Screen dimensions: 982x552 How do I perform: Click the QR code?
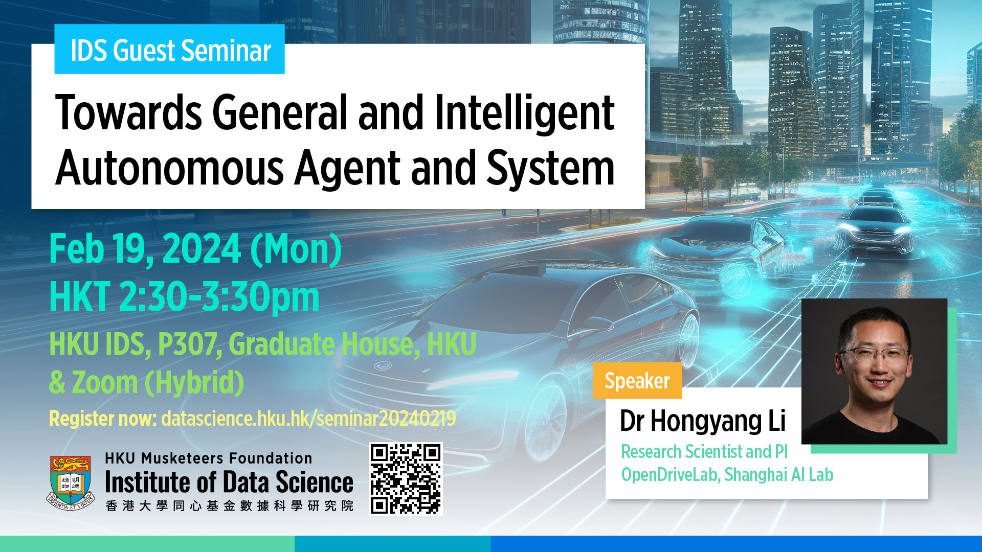coord(406,479)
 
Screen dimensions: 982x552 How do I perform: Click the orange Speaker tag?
coord(637,381)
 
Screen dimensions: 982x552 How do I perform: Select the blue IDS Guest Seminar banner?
coord(169,50)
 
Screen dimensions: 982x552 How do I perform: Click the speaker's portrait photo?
coord(874,371)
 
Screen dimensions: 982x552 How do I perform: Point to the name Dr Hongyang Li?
coord(702,421)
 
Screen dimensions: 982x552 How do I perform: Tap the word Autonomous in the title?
coord(169,168)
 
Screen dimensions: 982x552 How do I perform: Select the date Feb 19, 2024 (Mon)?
coord(195,250)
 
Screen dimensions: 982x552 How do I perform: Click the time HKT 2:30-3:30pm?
coord(184,297)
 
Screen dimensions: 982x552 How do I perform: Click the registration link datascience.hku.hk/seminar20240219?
coord(308,419)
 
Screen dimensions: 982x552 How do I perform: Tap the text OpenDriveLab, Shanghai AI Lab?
coord(727,475)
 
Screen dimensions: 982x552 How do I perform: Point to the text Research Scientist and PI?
coord(704,452)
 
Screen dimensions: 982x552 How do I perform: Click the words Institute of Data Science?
coord(229,482)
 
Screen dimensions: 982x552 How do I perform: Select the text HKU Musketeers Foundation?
coord(208,458)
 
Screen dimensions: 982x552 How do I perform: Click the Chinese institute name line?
coord(229,505)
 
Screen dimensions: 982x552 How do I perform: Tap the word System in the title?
coord(550,169)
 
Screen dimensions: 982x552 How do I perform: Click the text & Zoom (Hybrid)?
coord(146,383)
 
